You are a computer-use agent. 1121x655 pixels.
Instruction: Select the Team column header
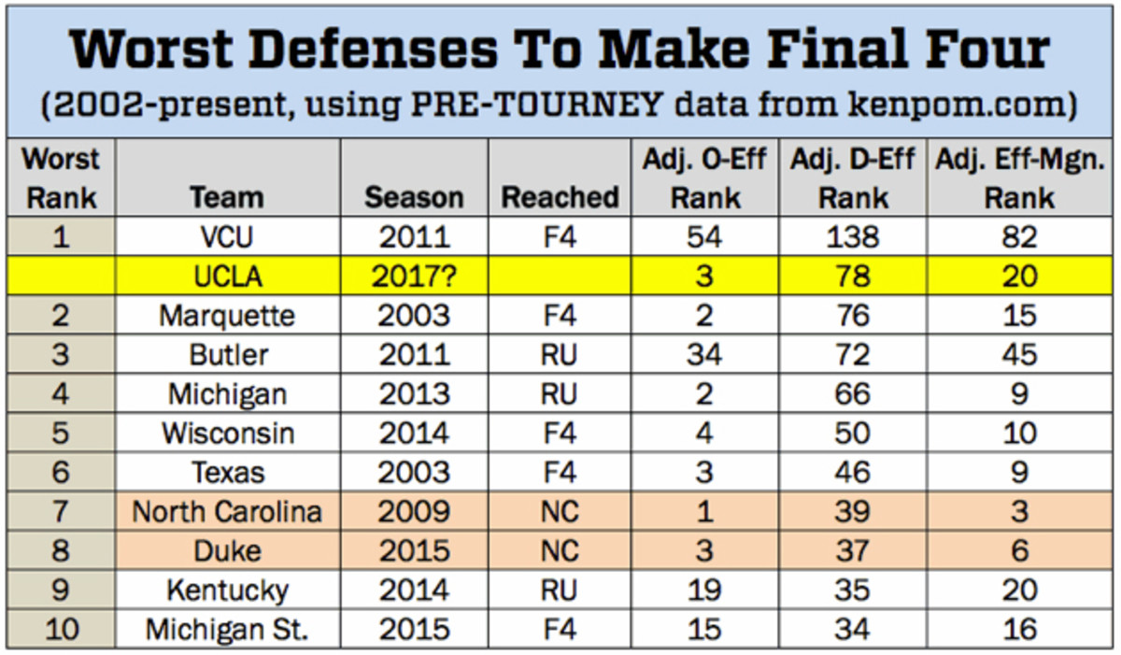coord(226,197)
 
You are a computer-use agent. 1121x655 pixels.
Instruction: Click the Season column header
coord(414,197)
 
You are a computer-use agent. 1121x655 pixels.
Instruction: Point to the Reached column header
coord(560,197)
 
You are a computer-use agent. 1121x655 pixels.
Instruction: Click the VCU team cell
coord(226,236)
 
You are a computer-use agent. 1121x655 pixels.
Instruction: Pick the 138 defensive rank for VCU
coord(853,236)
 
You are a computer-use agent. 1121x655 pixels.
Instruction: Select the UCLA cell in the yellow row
coord(226,277)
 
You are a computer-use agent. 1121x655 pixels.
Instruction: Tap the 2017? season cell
coord(414,277)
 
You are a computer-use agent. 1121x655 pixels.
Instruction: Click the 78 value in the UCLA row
coord(853,277)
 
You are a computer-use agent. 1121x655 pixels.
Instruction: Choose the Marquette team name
coord(226,316)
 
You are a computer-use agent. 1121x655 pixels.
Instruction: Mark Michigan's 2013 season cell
coord(414,394)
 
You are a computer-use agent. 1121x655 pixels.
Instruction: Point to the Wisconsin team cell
coord(226,434)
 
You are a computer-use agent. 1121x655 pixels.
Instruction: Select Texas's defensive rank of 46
coord(853,473)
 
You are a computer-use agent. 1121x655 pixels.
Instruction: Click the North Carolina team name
coord(226,512)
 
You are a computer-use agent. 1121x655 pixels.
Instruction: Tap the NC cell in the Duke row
coord(560,551)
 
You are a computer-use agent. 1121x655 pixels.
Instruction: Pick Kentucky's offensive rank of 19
coord(703,591)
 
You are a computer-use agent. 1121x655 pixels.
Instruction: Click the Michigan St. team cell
coord(226,630)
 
